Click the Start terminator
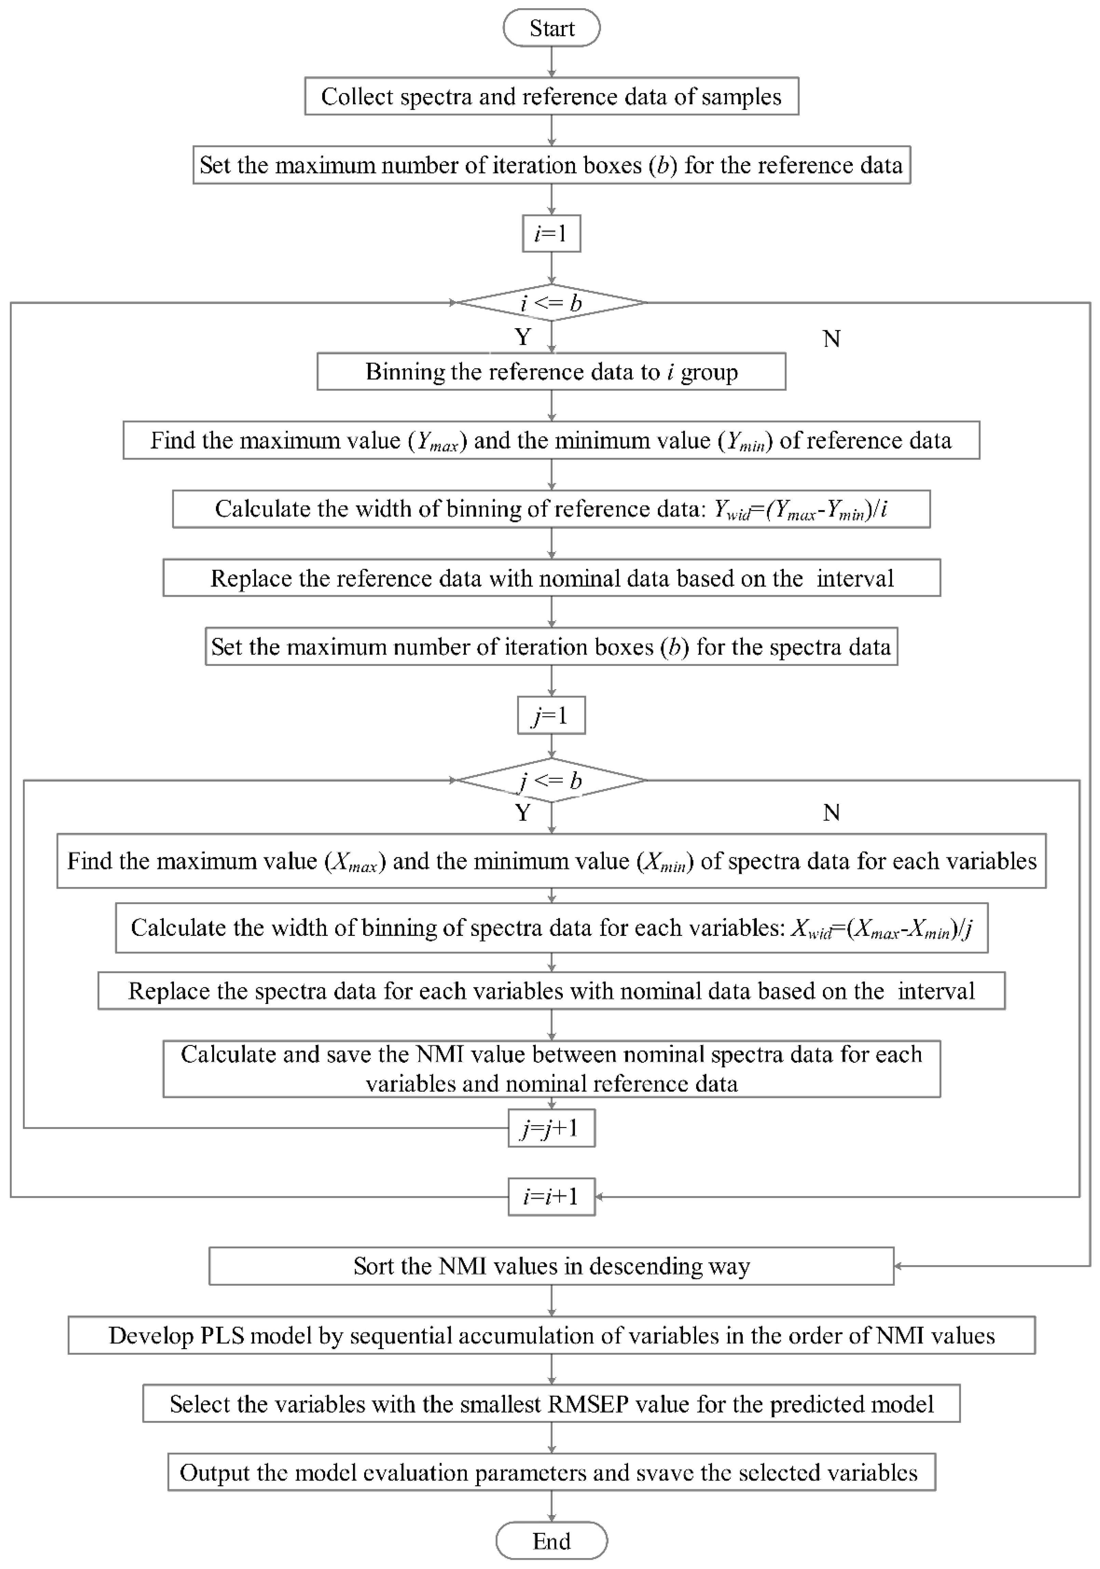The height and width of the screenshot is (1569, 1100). tap(551, 28)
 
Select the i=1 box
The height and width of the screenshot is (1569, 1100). tap(551, 234)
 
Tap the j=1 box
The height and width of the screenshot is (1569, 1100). tap(551, 715)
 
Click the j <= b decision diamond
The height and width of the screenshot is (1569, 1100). tap(551, 780)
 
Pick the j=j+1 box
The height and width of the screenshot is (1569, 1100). tap(551, 1128)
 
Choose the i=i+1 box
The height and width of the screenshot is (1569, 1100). tap(551, 1196)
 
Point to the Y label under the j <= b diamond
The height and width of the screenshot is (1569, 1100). tap(523, 813)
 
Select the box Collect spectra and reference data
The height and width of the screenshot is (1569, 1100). tap(551, 96)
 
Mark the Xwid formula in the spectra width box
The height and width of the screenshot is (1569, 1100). tap(881, 929)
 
